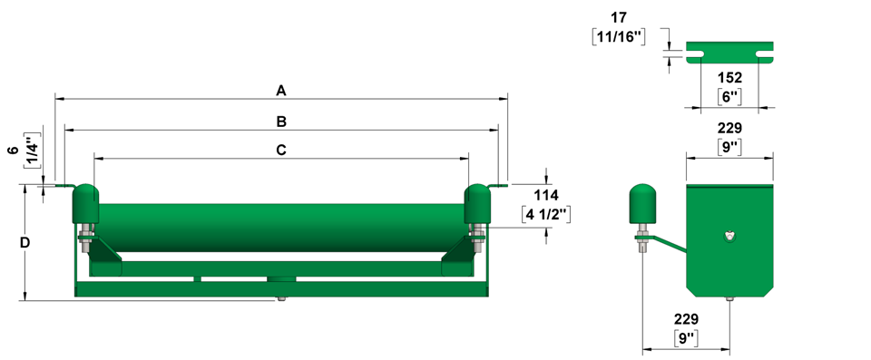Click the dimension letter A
(281, 91)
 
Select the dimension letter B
(281, 122)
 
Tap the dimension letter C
(281, 150)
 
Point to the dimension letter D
(25, 243)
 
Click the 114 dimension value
(546, 195)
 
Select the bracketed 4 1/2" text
(546, 214)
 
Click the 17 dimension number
(618, 17)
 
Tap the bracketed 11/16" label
(618, 37)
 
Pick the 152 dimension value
(729, 77)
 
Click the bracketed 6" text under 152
(729, 97)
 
